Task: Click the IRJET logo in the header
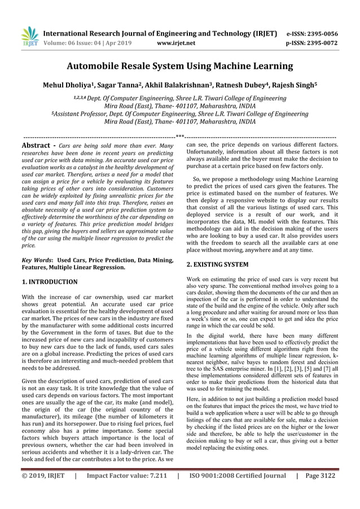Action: click(29, 36)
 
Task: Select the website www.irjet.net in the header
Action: click(177, 42)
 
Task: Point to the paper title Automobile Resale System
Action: click(179, 67)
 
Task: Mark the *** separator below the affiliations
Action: click(179, 135)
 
